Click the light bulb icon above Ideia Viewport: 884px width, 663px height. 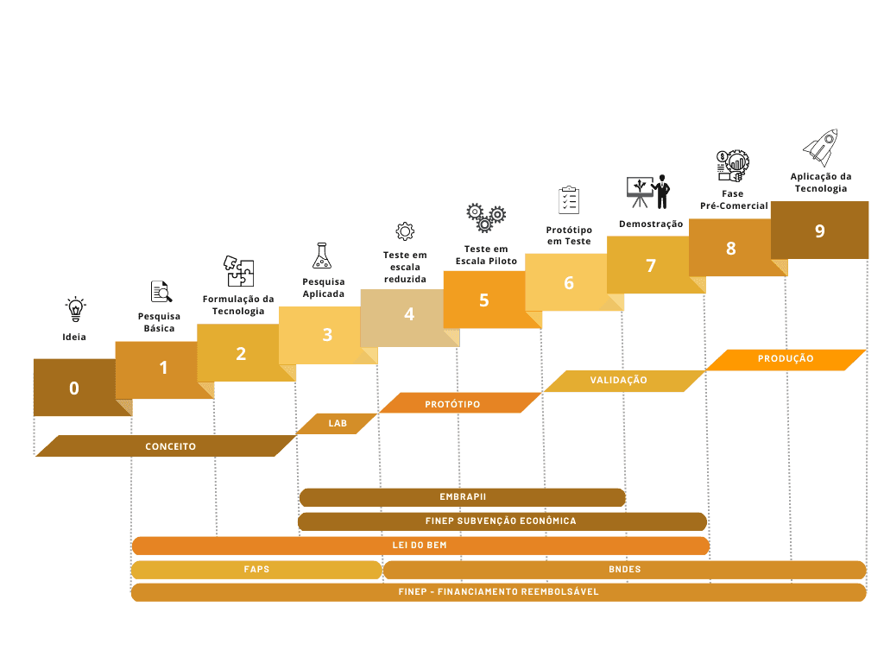tap(76, 310)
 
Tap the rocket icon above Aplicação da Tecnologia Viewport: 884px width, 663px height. tap(821, 148)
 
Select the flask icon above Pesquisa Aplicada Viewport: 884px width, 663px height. tap(322, 256)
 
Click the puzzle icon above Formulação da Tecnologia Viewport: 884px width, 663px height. tap(238, 271)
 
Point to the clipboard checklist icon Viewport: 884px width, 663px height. tap(569, 200)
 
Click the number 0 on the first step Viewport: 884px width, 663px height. tap(74, 388)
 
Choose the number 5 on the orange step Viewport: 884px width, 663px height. tap(483, 300)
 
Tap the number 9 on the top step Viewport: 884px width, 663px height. tap(820, 230)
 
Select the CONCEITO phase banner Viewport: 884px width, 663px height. tap(167, 446)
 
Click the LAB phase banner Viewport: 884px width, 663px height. tap(338, 423)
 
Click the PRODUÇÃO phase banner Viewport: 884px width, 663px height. tap(786, 360)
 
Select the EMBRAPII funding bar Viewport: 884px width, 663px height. tap(463, 497)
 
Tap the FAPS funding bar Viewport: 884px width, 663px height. tap(256, 570)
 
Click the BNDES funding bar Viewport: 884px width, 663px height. tap(625, 570)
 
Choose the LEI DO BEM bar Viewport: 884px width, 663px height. tap(420, 546)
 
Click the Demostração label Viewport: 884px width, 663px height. tap(651, 224)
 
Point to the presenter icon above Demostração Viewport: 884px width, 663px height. tap(648, 192)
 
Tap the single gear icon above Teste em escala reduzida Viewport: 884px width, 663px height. tap(405, 230)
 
